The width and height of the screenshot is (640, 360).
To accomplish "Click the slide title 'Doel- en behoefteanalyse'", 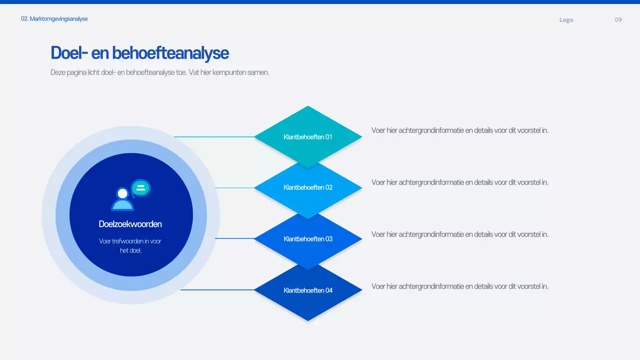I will (139, 53).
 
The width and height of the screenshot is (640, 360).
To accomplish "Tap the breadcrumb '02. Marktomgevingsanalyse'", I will (54, 19).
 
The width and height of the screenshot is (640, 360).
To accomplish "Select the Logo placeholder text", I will (566, 20).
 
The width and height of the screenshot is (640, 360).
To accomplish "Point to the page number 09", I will (618, 20).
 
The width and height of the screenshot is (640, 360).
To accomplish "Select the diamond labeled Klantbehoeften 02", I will (308, 187).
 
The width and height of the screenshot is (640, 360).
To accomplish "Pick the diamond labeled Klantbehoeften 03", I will (308, 239).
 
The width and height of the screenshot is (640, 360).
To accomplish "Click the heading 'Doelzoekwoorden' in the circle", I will (130, 224).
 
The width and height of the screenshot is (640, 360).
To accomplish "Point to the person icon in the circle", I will (122, 199).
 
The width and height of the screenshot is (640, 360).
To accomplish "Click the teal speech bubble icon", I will (141, 188).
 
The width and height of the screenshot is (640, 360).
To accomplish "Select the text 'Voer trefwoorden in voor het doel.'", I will (130, 245).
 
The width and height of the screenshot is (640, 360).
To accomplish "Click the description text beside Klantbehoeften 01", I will (459, 130).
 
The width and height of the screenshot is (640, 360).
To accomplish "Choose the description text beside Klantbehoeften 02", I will (459, 182).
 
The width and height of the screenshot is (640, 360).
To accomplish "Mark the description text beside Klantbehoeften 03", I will (459, 234).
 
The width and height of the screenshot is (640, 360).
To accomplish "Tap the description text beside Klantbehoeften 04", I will (459, 286).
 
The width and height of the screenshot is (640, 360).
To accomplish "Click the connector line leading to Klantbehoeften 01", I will (214, 136).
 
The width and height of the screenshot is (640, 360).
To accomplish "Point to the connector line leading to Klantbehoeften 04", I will (217, 289).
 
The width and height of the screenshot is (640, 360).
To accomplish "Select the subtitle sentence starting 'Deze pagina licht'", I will (159, 72).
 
